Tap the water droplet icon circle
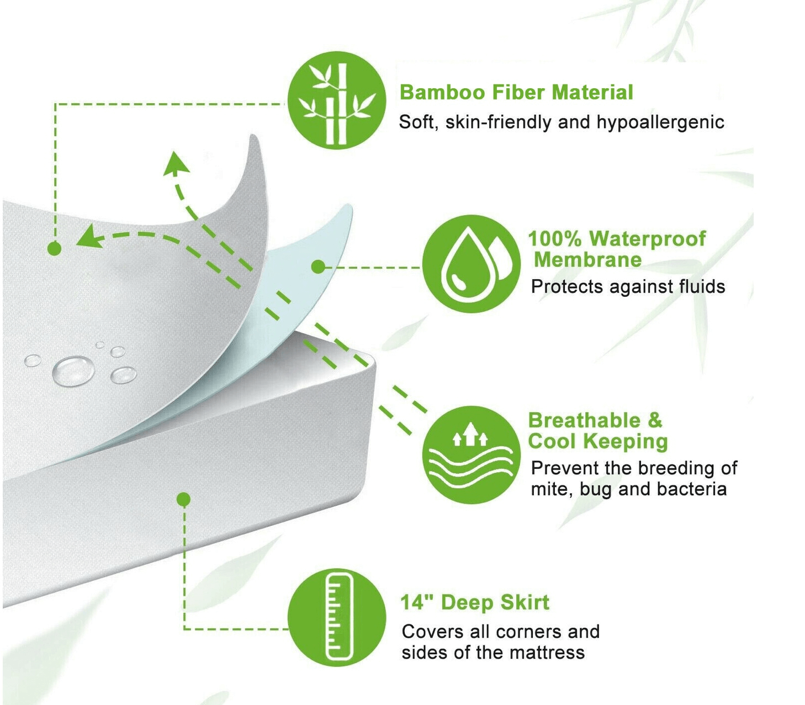(x=471, y=264)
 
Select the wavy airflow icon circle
(x=471, y=455)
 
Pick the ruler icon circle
(x=337, y=617)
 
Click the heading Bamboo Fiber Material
(x=516, y=93)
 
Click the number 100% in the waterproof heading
(x=554, y=239)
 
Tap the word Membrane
(x=587, y=260)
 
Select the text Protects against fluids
(x=628, y=287)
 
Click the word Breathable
(x=584, y=420)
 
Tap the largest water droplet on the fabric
(x=73, y=370)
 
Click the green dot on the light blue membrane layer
(x=318, y=267)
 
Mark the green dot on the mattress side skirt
(x=184, y=499)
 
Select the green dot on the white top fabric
(x=54, y=249)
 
